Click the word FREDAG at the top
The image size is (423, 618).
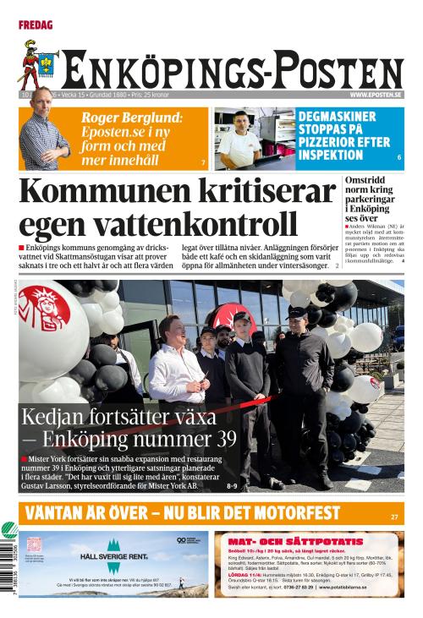pyautogui.click(x=35, y=25)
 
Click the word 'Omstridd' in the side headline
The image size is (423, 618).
pyautogui.click(x=366, y=180)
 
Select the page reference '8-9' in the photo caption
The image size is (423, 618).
pyautogui.click(x=233, y=486)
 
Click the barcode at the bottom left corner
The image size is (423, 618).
pyautogui.click(x=9, y=568)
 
